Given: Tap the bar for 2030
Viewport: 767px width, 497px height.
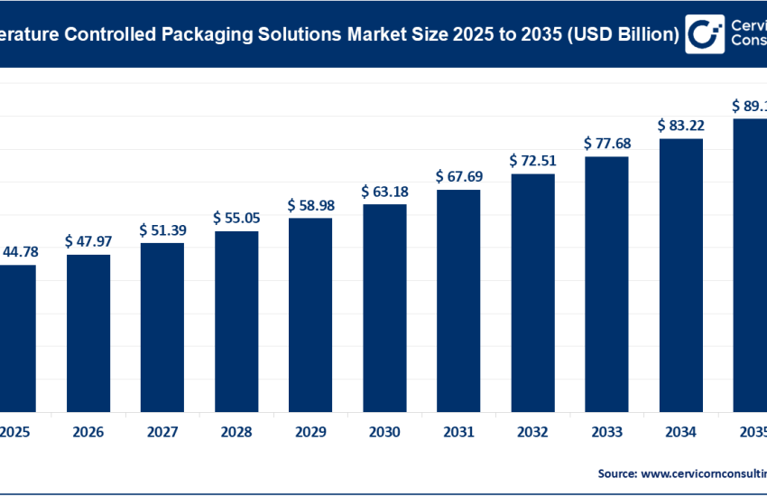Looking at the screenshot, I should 384,307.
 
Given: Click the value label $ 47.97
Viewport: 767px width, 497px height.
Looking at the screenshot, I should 88,242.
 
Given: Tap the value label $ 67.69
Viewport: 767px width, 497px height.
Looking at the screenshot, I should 458,176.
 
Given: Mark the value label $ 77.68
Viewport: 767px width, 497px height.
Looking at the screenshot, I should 606,144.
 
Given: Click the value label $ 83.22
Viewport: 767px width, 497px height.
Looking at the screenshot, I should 680,125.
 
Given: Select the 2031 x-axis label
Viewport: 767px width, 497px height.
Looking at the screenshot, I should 458,433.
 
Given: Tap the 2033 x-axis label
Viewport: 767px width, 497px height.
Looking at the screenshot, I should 606,433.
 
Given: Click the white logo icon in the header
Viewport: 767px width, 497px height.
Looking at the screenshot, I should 706,34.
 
